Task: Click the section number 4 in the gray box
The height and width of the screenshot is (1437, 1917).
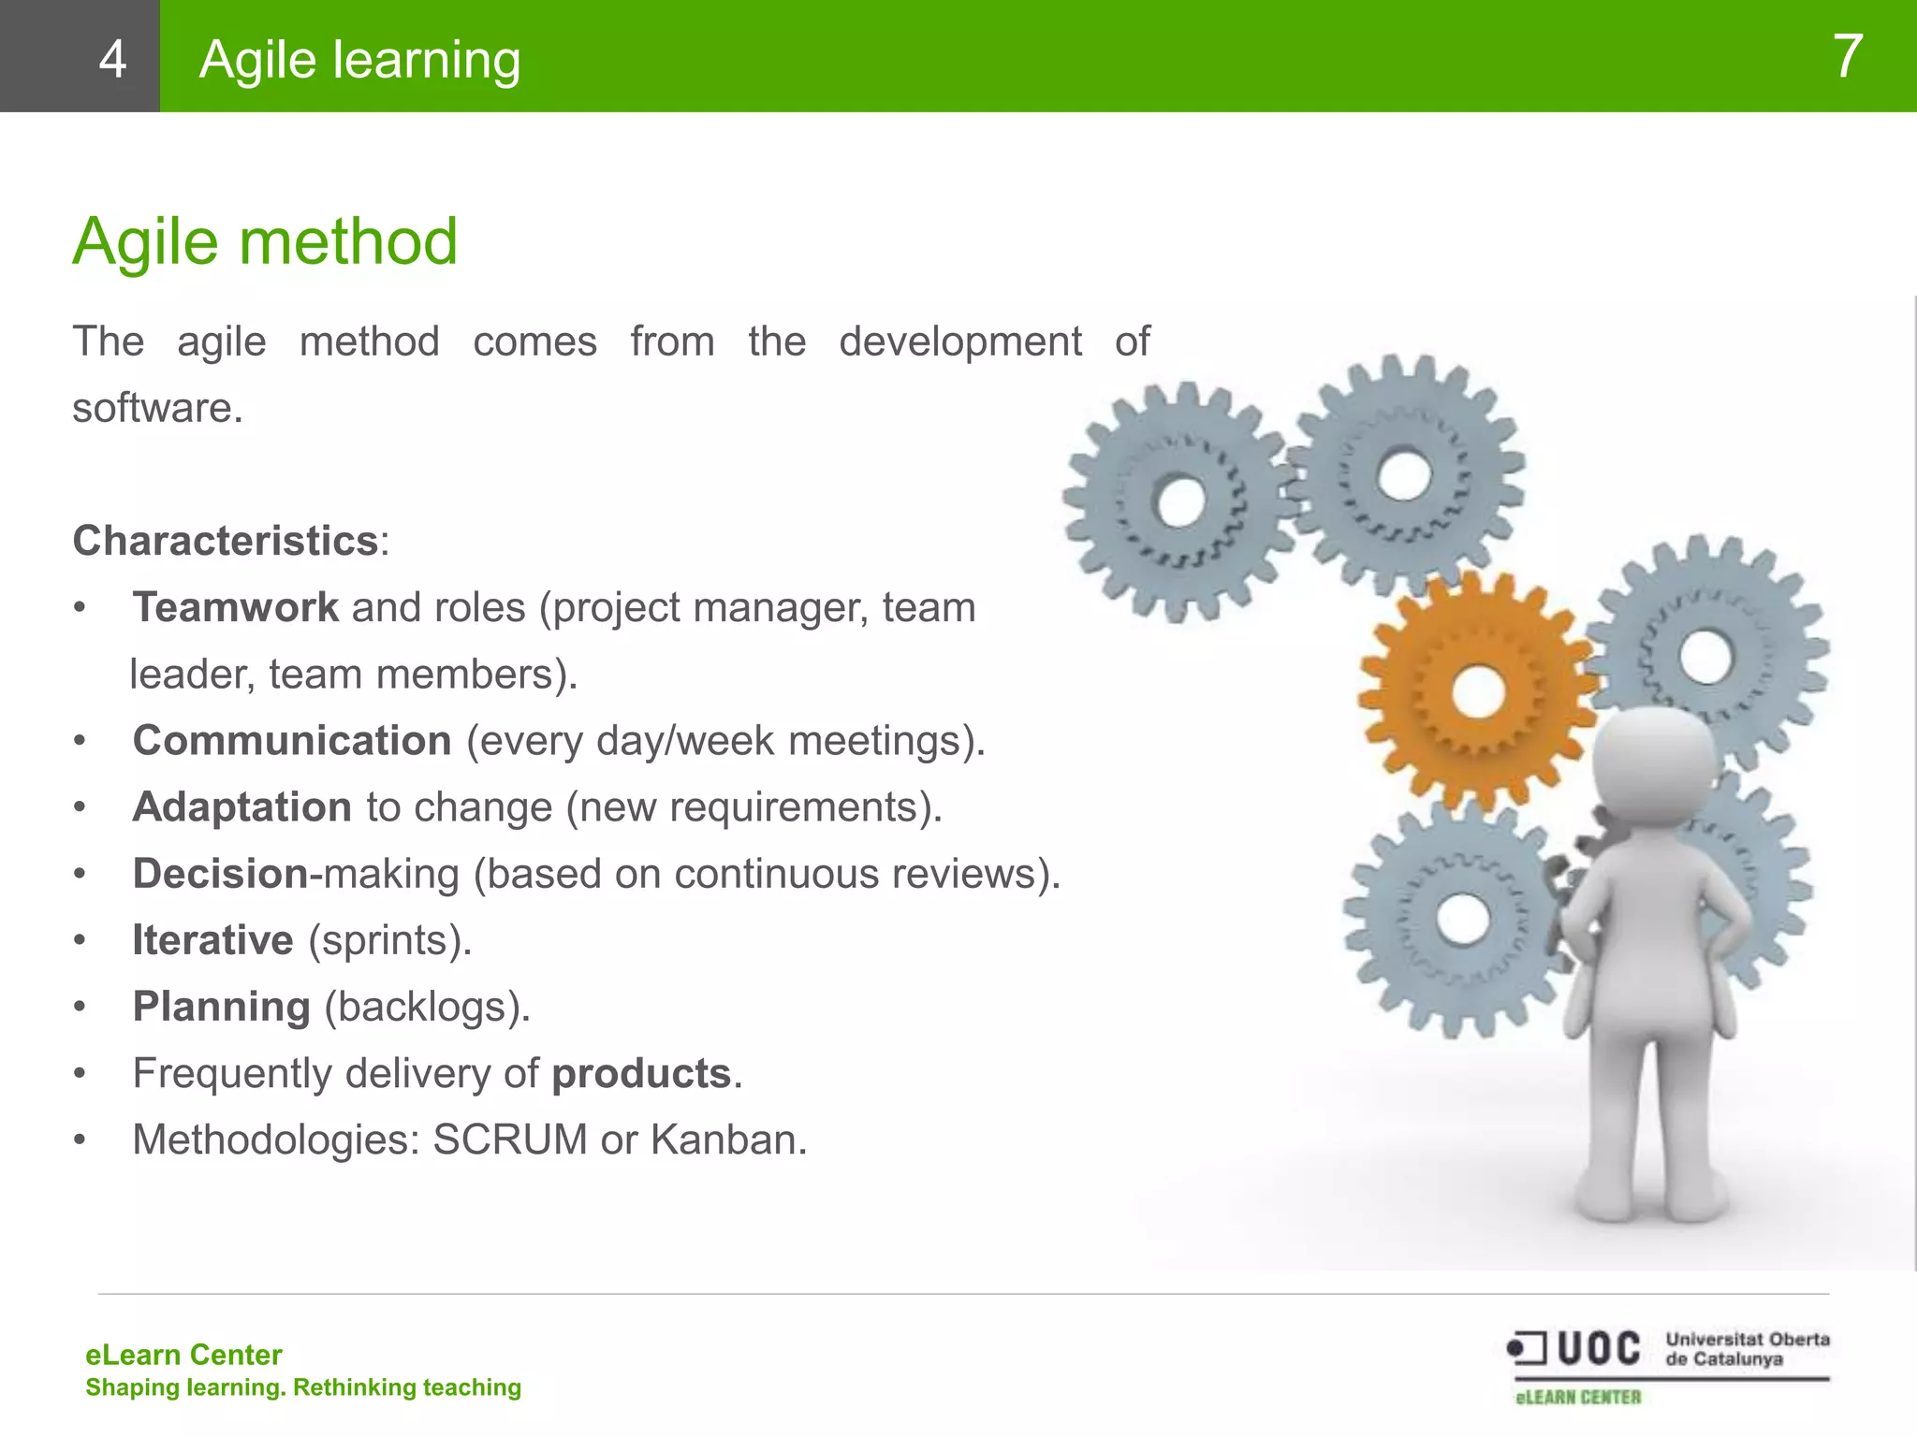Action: click(x=112, y=59)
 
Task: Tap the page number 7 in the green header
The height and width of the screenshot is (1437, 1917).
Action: click(x=1847, y=56)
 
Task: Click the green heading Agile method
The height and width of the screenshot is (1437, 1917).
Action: click(x=265, y=241)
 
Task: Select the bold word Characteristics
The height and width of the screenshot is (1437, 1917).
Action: click(x=226, y=541)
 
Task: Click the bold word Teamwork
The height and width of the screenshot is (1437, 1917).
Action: click(x=235, y=607)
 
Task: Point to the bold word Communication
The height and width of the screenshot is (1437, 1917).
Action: click(x=292, y=740)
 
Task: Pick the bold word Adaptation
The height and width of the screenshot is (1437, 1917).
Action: click(x=241, y=806)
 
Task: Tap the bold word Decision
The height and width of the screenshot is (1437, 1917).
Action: click(x=220, y=873)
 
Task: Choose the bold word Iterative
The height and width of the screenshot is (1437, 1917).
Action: click(x=212, y=939)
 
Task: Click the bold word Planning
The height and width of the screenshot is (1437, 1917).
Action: click(x=221, y=1007)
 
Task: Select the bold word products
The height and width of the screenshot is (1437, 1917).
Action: click(x=641, y=1073)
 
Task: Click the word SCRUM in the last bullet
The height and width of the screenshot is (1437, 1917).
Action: click(x=510, y=1139)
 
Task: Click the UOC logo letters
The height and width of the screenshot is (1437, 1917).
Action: click(x=1598, y=1349)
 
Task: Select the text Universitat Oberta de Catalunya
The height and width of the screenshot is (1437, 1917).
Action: click(x=1747, y=1349)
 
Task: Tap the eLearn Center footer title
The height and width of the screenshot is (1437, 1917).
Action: click(x=183, y=1355)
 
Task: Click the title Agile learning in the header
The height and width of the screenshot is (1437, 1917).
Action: click(x=359, y=59)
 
